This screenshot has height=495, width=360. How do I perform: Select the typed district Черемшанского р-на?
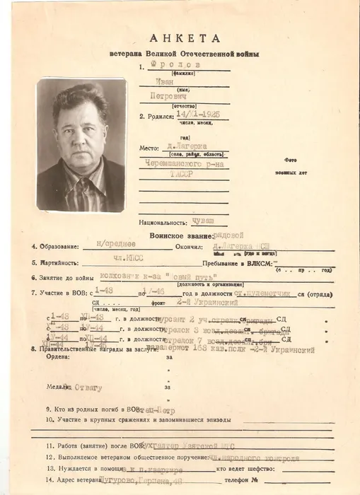coord(184,177)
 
